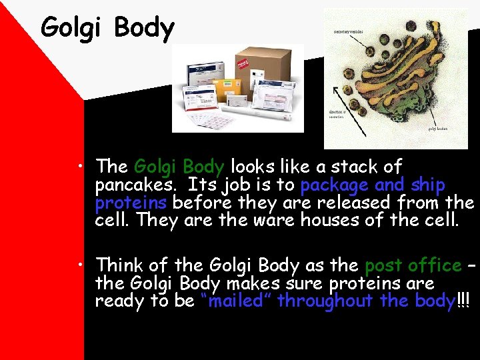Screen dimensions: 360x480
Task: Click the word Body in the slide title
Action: pyautogui.click(x=143, y=28)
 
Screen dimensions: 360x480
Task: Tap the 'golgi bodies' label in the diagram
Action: pyautogui.click(x=437, y=129)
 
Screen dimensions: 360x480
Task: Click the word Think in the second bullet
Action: pyautogui.click(x=119, y=265)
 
